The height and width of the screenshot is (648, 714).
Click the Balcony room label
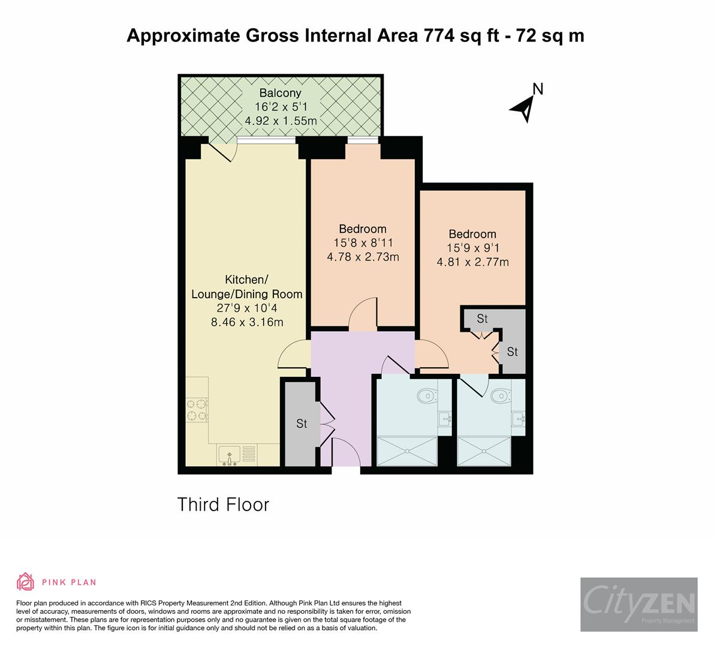(x=280, y=93)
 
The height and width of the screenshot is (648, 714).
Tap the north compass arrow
(x=523, y=109)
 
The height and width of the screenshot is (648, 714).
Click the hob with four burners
(x=197, y=409)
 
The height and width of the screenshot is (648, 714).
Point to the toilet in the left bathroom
(x=426, y=395)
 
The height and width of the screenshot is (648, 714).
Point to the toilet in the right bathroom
(x=499, y=395)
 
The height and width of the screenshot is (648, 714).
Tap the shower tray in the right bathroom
(x=484, y=451)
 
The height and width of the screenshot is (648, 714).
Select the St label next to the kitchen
(x=302, y=424)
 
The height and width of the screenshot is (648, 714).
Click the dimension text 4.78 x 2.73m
(x=363, y=257)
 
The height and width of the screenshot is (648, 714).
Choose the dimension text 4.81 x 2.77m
(x=472, y=262)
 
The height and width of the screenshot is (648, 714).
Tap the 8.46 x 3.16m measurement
(x=246, y=322)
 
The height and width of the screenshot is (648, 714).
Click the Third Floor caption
(x=223, y=505)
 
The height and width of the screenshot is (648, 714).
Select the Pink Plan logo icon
(x=26, y=581)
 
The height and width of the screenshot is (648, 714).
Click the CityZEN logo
(x=638, y=604)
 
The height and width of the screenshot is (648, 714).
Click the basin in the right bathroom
(x=519, y=418)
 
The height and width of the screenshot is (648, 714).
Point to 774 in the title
(x=439, y=36)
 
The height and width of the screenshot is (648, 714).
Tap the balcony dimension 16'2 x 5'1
(x=280, y=107)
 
